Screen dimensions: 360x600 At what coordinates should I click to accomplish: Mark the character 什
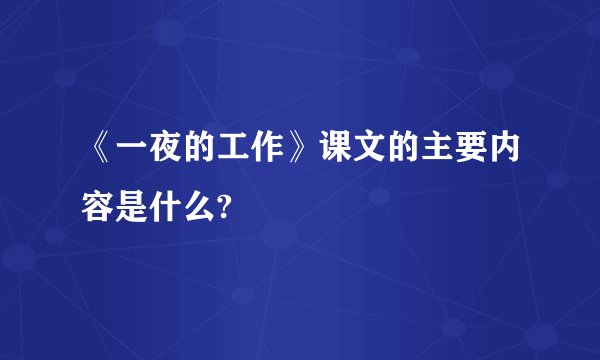(169, 207)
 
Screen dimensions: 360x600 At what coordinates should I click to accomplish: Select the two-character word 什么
(187, 207)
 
